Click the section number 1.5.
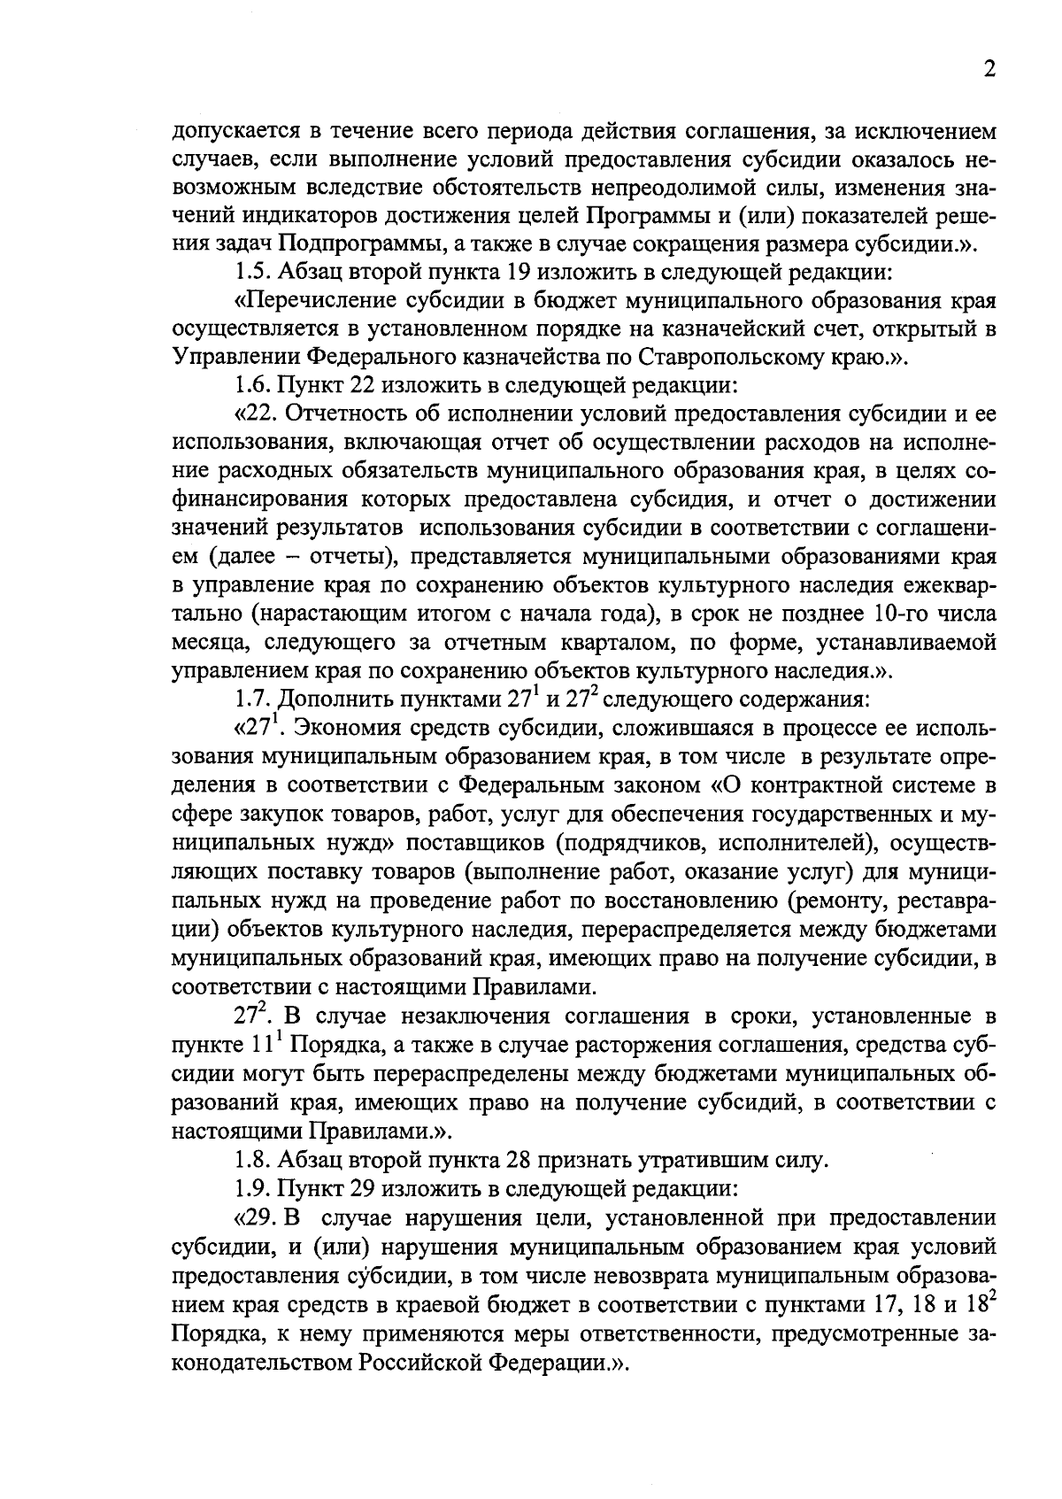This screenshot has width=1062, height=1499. (x=252, y=272)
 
